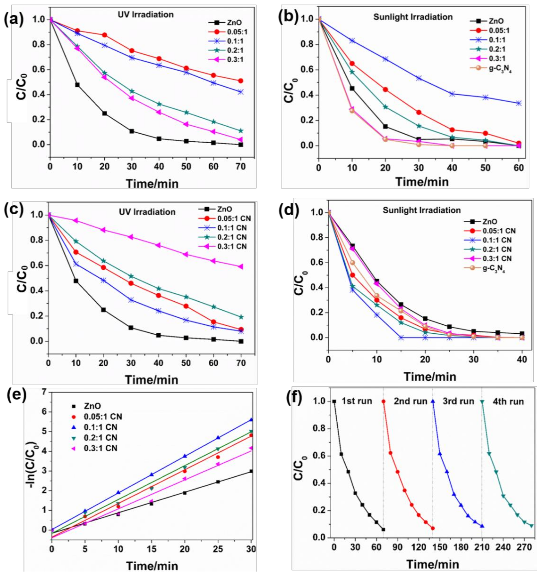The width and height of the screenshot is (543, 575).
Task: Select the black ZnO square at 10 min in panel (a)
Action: [77, 85]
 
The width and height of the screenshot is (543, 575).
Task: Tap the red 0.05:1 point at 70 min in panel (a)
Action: [241, 81]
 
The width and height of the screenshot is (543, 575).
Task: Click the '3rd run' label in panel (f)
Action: [458, 401]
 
